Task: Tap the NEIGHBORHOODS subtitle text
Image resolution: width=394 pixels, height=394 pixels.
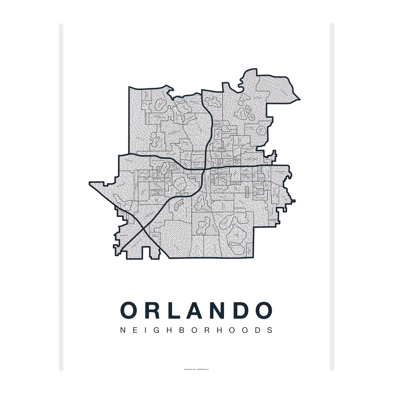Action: pyautogui.click(x=197, y=330)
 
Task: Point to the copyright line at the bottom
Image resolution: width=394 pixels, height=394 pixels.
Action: pyautogui.click(x=197, y=370)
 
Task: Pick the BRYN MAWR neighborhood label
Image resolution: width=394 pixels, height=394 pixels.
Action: pyautogui.click(x=259, y=198)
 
